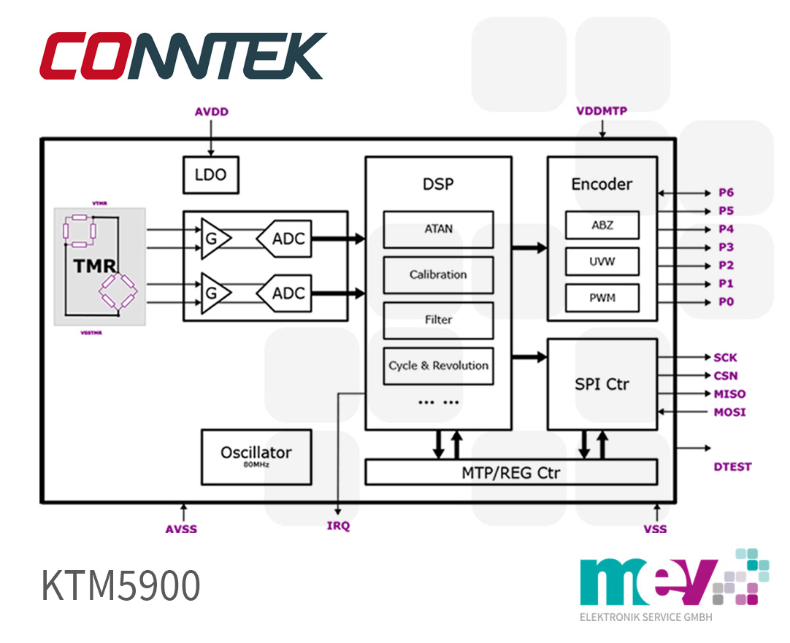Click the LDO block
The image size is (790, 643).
210,175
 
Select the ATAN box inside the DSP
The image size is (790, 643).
438,229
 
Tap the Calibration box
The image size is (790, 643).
438,275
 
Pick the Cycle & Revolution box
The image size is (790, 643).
438,366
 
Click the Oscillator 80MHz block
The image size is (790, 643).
256,456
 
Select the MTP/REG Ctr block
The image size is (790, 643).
510,472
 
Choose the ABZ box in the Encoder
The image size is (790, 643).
602,226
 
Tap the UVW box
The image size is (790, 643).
602,261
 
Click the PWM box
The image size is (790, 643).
602,298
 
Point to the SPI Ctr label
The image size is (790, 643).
602,384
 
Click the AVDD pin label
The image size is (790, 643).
211,112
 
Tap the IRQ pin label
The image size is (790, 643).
338,526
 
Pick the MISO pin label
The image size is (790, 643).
729,394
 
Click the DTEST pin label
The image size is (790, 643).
732,466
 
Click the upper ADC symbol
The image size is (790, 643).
284,239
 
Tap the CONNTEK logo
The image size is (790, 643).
183,55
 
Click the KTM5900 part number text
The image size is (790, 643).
120,585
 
